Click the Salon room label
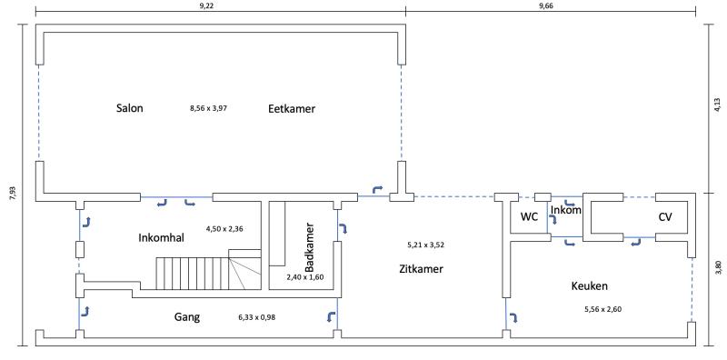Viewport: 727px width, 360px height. coord(129,108)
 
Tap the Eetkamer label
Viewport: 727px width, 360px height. coord(292,108)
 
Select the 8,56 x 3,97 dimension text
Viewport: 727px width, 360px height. coord(209,108)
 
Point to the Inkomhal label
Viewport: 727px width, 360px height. coord(162,238)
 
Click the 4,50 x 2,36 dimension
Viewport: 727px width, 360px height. coord(224,228)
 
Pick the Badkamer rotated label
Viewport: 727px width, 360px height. coord(310,247)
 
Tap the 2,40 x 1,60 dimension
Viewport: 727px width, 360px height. coord(304,277)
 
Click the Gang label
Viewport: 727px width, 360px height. coord(187,317)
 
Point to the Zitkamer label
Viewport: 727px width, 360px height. coord(421,268)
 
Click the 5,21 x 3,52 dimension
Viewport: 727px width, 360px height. coord(425,245)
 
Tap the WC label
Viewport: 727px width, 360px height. coord(529,216)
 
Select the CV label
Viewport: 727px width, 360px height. coord(665,216)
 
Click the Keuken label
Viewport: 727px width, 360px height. coord(589,285)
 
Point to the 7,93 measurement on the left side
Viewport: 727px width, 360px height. coord(13,193)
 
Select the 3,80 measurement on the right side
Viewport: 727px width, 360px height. coord(717,268)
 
